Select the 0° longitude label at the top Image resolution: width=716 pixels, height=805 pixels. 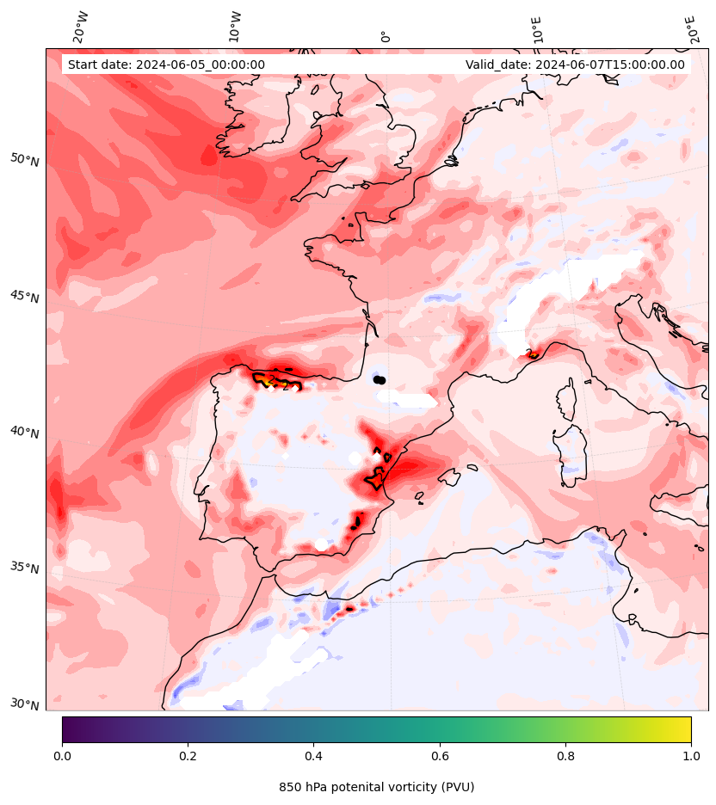pos(386,36)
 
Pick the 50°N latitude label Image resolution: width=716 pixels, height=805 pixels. pos(25,160)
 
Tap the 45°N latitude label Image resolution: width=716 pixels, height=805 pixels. pos(25,297)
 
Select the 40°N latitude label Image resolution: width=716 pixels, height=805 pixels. pos(25,432)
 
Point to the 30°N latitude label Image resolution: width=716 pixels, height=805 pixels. pos(25,704)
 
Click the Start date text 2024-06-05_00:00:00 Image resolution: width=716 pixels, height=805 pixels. pos(166,65)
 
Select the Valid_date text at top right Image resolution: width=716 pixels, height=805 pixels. pos(575,65)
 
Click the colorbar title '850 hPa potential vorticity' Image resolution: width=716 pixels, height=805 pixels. pos(376,787)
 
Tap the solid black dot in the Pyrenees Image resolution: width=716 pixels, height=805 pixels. pos(380,379)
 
